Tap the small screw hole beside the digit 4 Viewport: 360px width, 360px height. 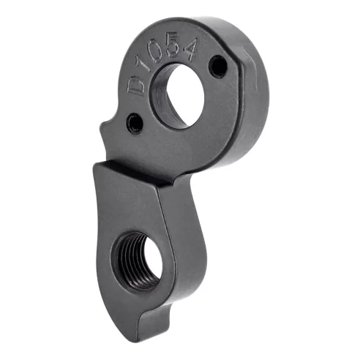pyautogui.click(x=218, y=68)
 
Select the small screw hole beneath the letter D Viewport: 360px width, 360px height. pyautogui.click(x=134, y=122)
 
